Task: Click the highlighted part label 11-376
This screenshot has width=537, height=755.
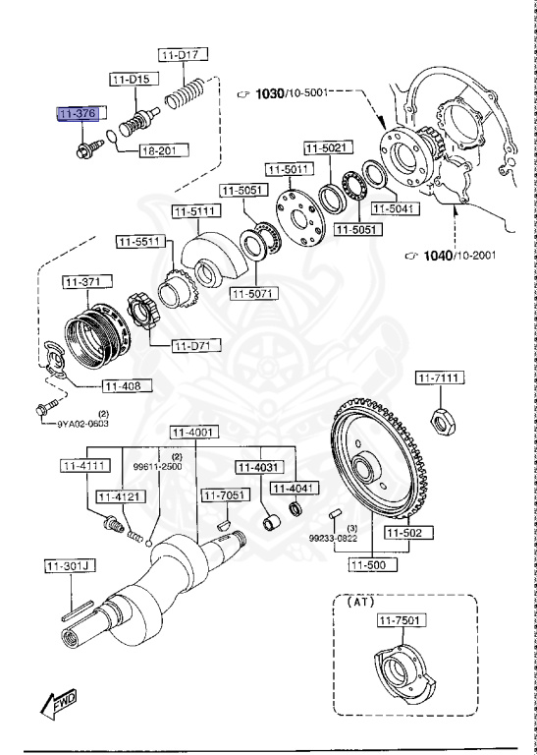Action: coord(77,115)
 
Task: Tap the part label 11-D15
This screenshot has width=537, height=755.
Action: coord(131,77)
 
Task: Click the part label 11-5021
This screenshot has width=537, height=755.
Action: coord(324,147)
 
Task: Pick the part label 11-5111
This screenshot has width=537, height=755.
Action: coord(196,210)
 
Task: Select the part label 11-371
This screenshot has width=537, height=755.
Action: coord(84,283)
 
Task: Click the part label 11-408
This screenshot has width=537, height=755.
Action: coord(123,385)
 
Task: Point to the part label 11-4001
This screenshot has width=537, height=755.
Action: coord(192,432)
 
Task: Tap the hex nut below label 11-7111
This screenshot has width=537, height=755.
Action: coord(443,421)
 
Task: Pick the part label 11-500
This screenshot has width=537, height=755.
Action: coord(374,565)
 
